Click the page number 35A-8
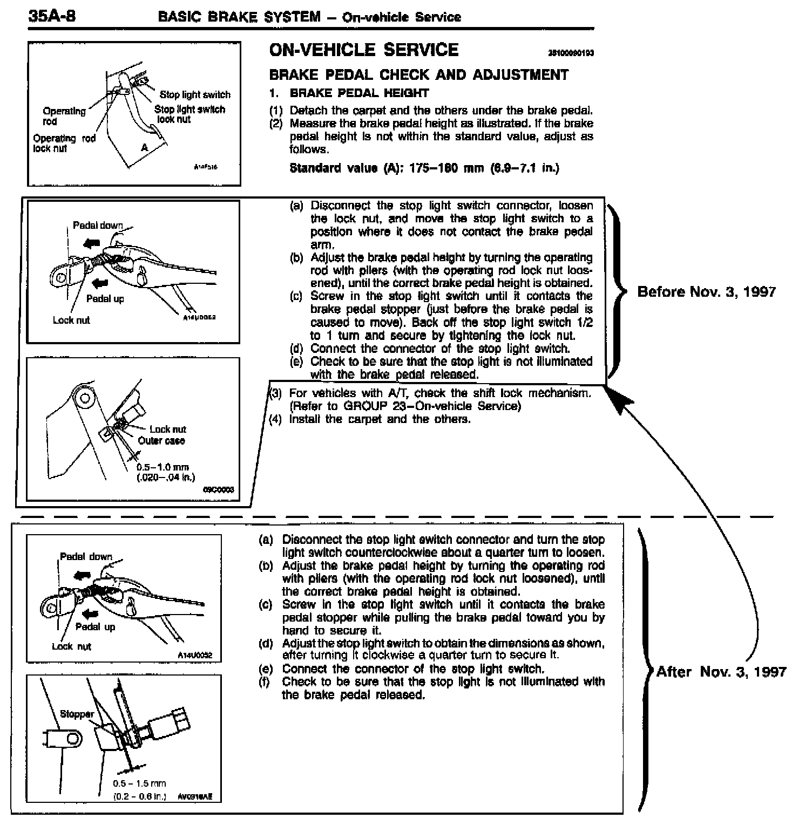tap(52, 16)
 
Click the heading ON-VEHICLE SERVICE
tap(363, 50)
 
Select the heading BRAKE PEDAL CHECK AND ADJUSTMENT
tap(418, 74)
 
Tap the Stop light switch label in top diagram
tap(195, 95)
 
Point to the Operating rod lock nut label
tap(64, 144)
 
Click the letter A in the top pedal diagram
tap(144, 147)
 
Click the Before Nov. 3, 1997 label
tap(706, 292)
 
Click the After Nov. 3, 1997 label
tap(721, 672)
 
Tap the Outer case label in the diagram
tap(161, 441)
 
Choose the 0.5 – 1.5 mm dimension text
tap(139, 783)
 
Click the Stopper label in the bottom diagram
tap(77, 714)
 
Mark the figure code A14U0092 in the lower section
tap(195, 655)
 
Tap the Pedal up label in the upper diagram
tap(105, 299)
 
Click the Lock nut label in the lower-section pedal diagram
tap(71, 646)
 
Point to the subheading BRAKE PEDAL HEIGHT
tap(359, 93)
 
